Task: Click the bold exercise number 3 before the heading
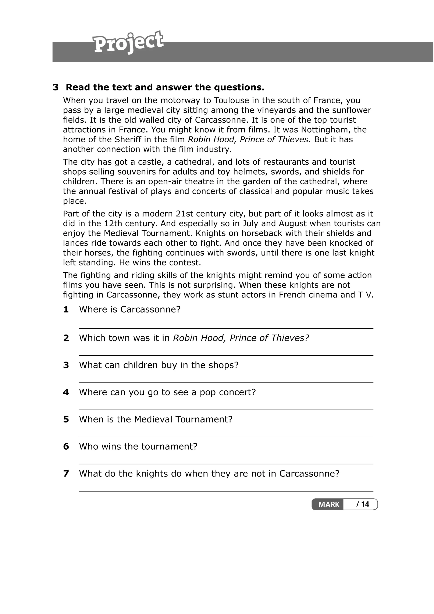tap(56, 88)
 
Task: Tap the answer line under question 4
tap(226, 409)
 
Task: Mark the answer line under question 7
tap(226, 491)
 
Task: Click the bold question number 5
tap(66, 419)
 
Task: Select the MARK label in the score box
tap(329, 504)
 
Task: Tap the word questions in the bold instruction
tap(236, 88)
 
